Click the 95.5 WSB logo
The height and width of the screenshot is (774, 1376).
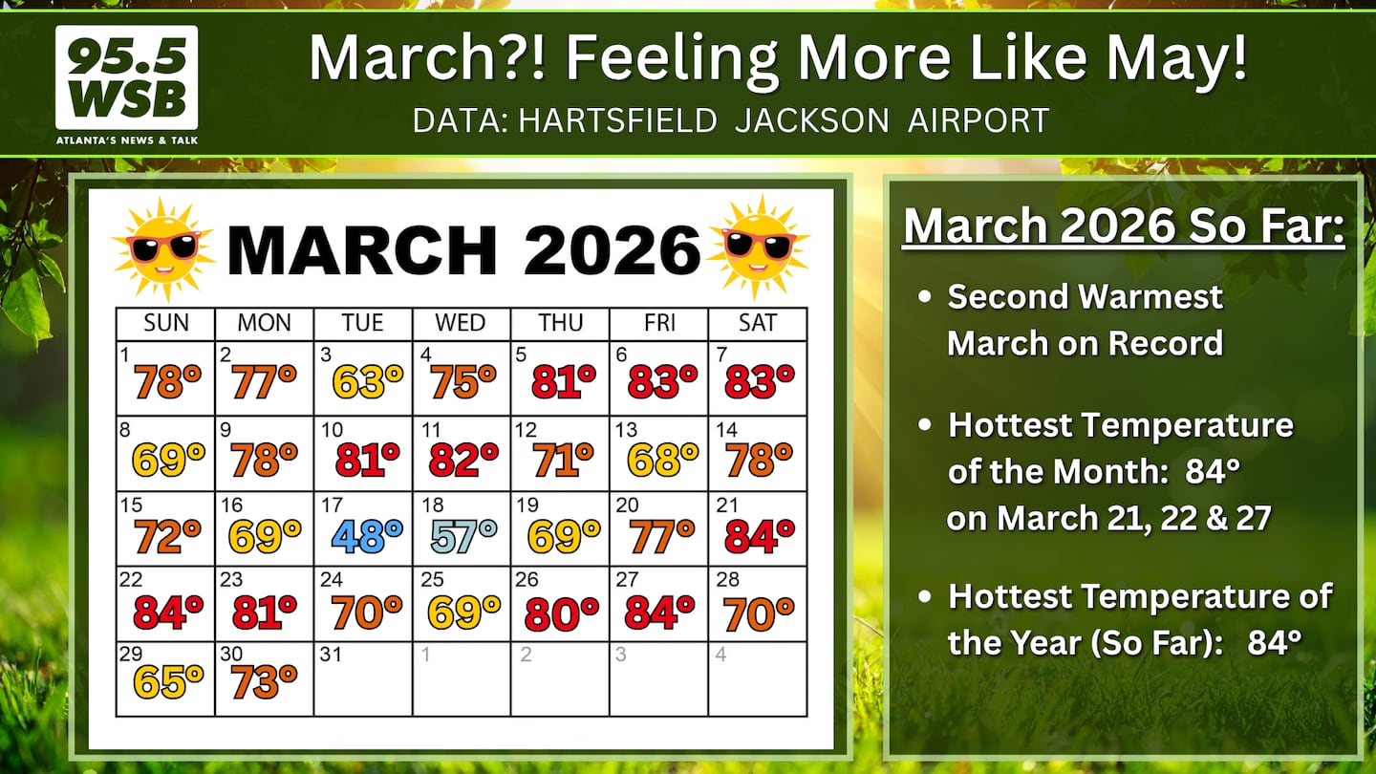point(126,85)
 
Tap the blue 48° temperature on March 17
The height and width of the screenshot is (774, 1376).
point(367,535)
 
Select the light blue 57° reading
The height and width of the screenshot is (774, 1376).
point(463,535)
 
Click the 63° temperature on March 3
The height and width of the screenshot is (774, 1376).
point(367,381)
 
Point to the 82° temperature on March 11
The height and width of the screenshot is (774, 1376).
point(463,460)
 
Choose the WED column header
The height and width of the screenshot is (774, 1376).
point(461,323)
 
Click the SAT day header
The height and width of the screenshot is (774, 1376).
point(758,323)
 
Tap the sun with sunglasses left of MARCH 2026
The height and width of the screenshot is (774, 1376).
point(163,248)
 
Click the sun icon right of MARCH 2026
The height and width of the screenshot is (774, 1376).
point(759,247)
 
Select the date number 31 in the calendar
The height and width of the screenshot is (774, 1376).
point(331,655)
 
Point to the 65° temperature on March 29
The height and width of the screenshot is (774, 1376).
point(168,681)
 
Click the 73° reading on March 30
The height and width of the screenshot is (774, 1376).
point(264,681)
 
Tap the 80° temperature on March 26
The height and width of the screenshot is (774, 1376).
point(562,612)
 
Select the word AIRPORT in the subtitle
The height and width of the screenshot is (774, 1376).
point(978,119)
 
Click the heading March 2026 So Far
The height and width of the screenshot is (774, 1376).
point(1124,226)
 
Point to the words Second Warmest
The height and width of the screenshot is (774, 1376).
point(1085,296)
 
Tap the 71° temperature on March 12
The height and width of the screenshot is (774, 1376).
point(563,460)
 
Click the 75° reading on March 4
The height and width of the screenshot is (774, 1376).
point(462,381)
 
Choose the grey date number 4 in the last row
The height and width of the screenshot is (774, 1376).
point(721,655)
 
